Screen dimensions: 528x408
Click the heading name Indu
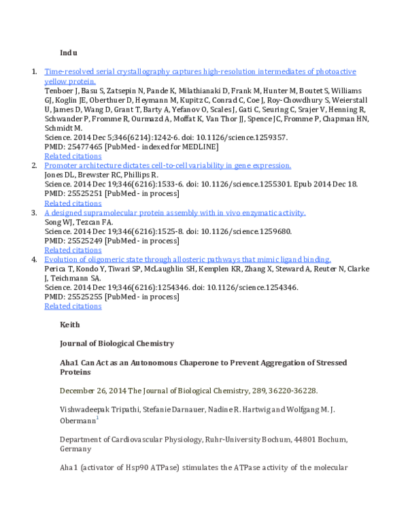click(69, 52)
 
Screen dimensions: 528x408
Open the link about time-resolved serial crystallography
click(200, 71)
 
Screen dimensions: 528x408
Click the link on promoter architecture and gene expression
click(167, 165)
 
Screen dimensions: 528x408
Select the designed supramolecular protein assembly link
click(175, 212)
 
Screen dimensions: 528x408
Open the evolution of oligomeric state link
click(188, 259)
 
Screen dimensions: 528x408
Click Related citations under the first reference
click(73, 156)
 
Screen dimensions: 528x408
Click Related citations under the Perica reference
click(73, 306)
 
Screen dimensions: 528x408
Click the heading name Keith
click(70, 325)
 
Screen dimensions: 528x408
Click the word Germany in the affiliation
click(76, 448)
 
